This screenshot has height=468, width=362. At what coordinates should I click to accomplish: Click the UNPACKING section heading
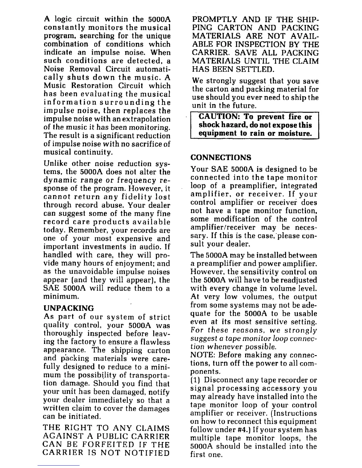pyautogui.click(x=69, y=308)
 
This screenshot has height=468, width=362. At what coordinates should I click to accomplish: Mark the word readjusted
pyautogui.click(x=297, y=280)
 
